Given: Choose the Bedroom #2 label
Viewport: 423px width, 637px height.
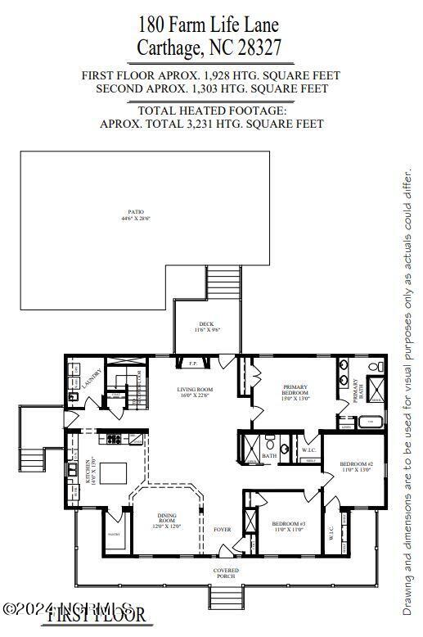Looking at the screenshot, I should (x=358, y=467).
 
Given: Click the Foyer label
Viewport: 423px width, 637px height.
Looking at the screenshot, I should (x=223, y=530).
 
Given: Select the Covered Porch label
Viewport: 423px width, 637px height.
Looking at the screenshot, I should (x=226, y=572).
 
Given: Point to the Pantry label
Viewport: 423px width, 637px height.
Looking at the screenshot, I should (x=113, y=535).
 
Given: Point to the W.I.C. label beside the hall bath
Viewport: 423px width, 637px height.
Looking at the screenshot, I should (x=308, y=450).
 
